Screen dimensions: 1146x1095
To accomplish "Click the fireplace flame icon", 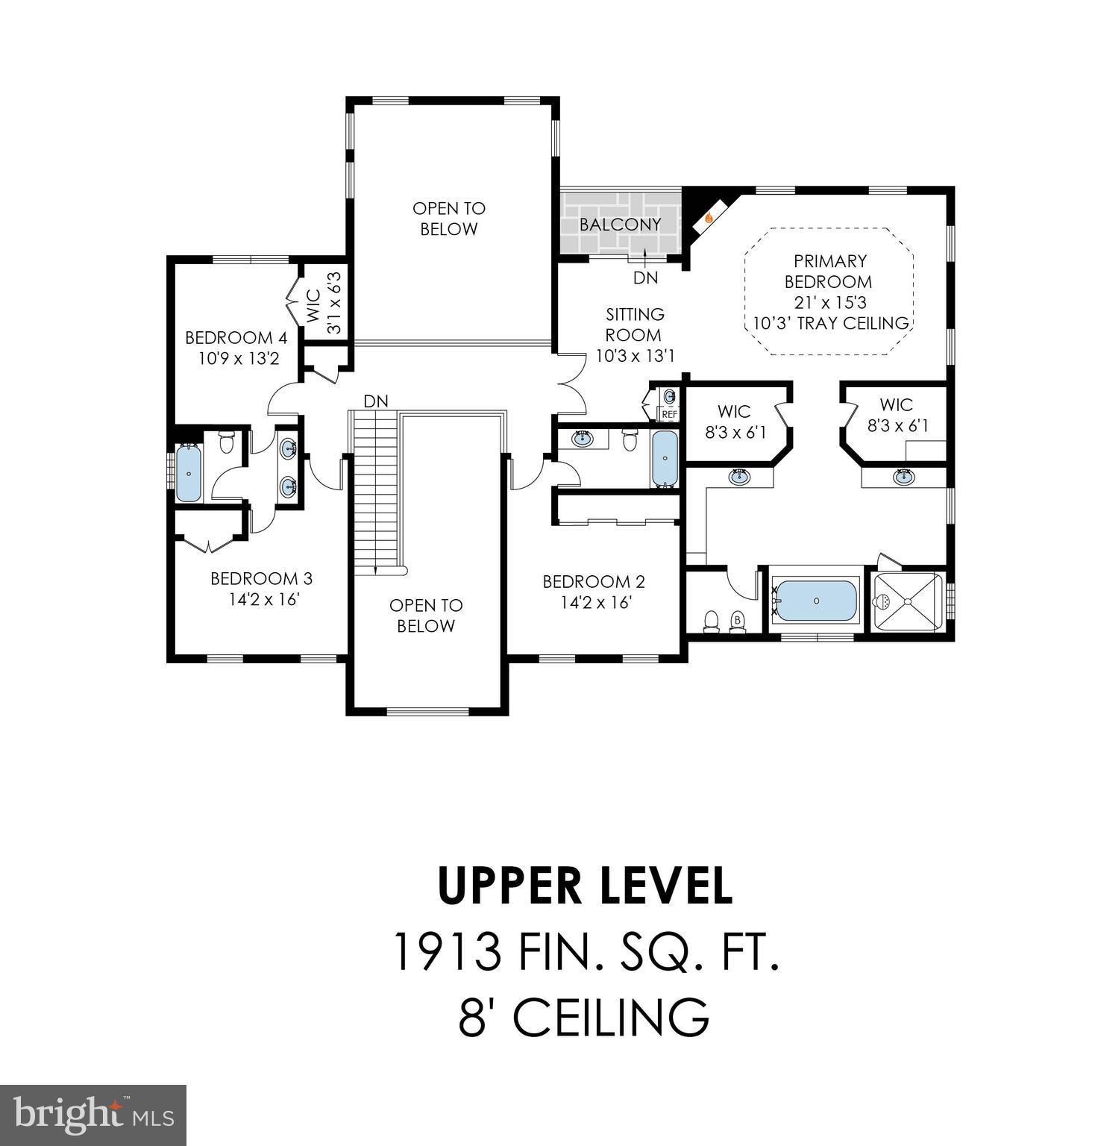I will click(709, 218).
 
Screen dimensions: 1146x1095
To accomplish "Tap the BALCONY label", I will click(620, 225).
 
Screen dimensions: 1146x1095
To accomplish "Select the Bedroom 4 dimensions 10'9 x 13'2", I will click(238, 359).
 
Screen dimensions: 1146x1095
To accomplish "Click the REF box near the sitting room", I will click(669, 414).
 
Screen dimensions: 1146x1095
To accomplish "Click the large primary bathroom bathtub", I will click(816, 601).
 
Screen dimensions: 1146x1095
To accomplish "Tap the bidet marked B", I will click(738, 621).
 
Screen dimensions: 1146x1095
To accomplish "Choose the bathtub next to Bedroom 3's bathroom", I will click(189, 474).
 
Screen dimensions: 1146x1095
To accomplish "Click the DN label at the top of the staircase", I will click(376, 401).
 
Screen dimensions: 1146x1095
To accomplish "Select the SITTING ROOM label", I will click(634, 325).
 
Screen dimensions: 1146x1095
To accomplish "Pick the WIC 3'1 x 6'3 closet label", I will click(324, 304).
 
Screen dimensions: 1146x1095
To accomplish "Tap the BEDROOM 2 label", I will click(594, 582).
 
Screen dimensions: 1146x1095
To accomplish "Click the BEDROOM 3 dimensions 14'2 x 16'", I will click(265, 599).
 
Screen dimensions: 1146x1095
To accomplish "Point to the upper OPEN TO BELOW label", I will click(448, 219).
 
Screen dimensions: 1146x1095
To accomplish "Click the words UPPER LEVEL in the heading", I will click(584, 886).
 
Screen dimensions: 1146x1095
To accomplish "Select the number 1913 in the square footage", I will click(445, 952).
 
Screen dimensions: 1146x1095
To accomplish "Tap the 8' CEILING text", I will click(583, 1016).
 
